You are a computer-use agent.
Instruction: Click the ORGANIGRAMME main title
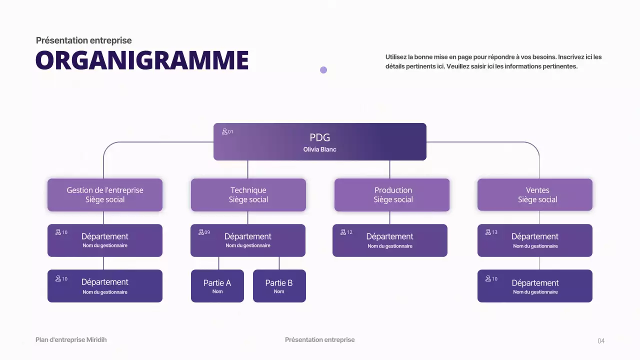point(142,60)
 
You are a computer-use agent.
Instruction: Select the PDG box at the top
point(319,141)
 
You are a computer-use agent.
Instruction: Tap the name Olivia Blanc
point(319,149)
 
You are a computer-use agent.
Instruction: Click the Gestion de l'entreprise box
point(105,195)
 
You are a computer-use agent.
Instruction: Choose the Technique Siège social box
point(248,195)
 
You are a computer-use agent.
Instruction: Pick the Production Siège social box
point(392,195)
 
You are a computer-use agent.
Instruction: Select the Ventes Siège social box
point(535,195)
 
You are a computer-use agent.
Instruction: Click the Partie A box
point(217,286)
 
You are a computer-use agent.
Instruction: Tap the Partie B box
point(279,286)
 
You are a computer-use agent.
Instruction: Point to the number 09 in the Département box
point(207,232)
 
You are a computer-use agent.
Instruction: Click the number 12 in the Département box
point(349,232)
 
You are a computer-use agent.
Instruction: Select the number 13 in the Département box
point(494,232)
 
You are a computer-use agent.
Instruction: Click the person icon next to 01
point(224,132)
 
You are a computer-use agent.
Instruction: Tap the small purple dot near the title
point(323,70)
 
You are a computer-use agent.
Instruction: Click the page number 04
point(601,341)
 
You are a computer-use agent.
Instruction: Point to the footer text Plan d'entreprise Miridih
point(71,340)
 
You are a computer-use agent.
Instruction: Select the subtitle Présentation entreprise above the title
point(84,40)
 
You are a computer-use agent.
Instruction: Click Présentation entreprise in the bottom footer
point(319,340)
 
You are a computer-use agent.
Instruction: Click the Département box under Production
point(390,240)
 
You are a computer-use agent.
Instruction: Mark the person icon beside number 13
point(488,232)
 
